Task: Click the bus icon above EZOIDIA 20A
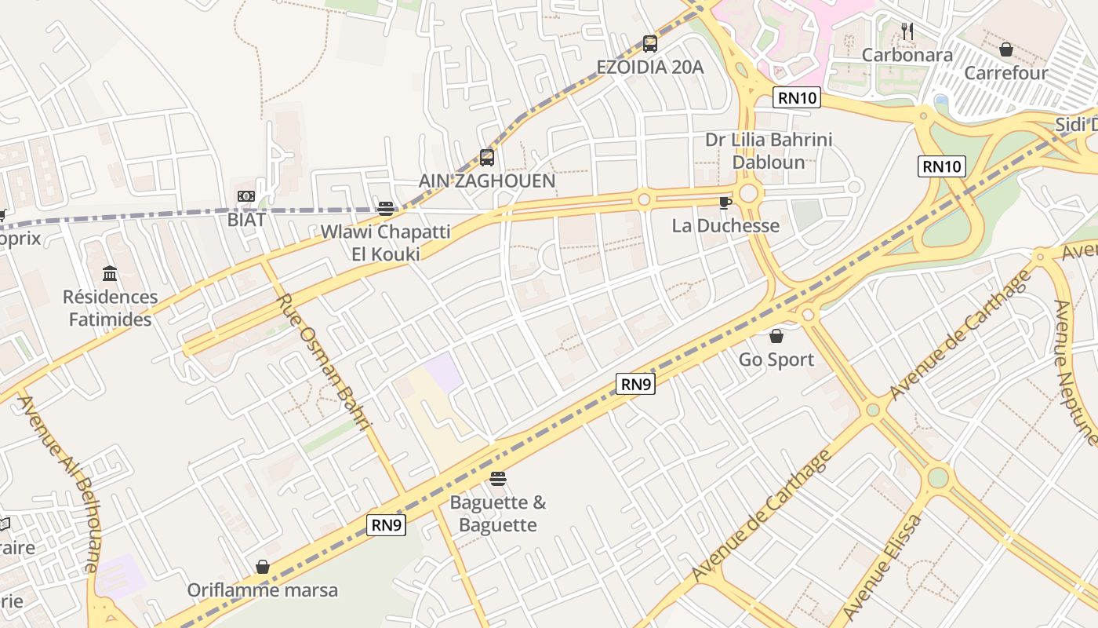click(x=649, y=44)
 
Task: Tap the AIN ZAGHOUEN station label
click(x=486, y=181)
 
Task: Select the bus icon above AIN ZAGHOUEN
click(x=486, y=158)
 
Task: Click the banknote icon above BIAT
click(x=246, y=196)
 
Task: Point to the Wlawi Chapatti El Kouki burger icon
click(x=385, y=208)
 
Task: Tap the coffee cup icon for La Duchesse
click(x=725, y=203)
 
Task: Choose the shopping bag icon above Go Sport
click(x=776, y=336)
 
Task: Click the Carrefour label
click(x=1005, y=73)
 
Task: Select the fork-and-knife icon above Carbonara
click(x=907, y=31)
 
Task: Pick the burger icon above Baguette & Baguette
click(x=497, y=479)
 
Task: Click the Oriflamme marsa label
click(x=262, y=590)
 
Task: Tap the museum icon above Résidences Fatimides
click(x=110, y=274)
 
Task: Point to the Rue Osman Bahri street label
click(x=323, y=362)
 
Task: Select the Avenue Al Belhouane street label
click(x=58, y=483)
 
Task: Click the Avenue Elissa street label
click(x=882, y=568)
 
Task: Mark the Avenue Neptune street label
click(x=1076, y=372)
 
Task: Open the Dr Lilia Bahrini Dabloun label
click(x=769, y=151)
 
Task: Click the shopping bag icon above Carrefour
click(x=1005, y=49)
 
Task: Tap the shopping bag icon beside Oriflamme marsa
click(x=262, y=567)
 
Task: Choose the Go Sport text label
click(x=776, y=360)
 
